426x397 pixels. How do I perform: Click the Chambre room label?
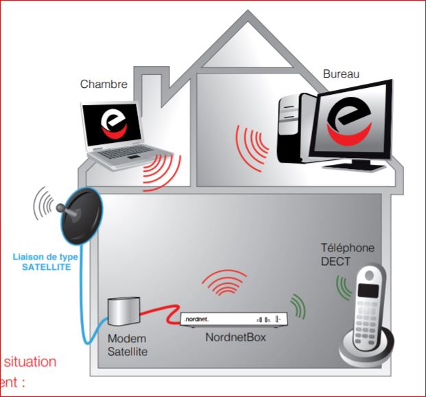[x=104, y=84]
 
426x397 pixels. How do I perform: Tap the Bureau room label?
[x=342, y=73]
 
